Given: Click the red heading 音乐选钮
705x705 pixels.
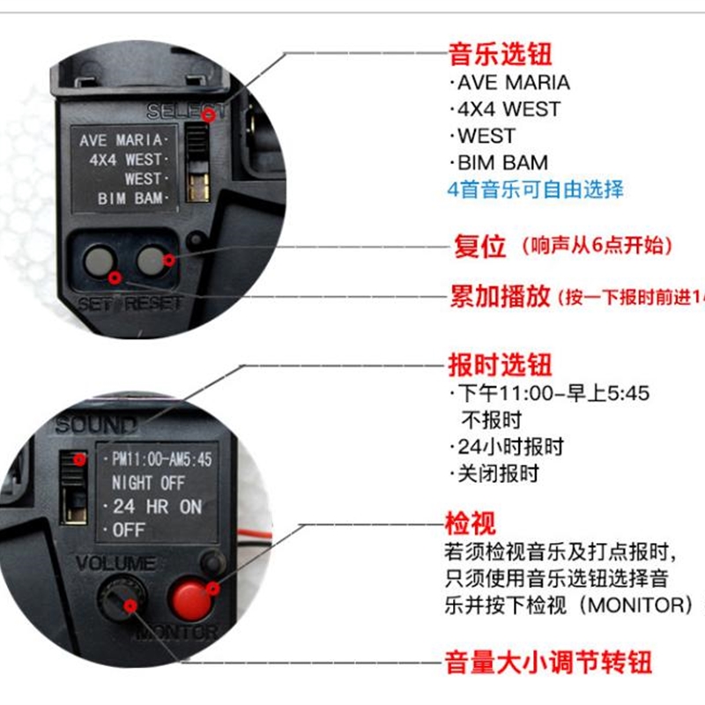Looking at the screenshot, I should [x=500, y=55].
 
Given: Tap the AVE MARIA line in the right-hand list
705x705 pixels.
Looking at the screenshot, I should [x=512, y=83].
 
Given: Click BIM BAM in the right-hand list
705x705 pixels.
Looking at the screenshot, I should [x=501, y=163].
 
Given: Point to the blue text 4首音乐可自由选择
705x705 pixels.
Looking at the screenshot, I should [x=535, y=189].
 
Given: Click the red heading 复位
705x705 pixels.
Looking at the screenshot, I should [x=479, y=246].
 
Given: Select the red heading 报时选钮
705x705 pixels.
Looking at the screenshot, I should [x=500, y=364].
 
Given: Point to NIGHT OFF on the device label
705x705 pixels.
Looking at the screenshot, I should [x=147, y=483].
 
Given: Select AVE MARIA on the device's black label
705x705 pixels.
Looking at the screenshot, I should [x=121, y=140].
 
